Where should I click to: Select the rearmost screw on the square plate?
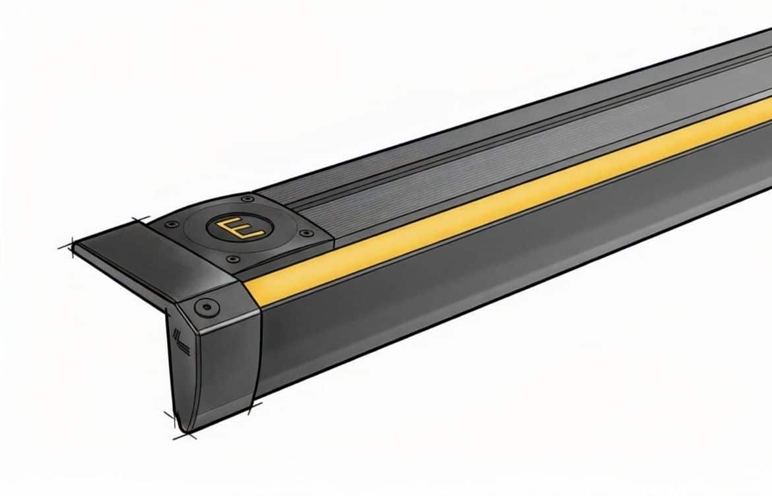[246, 198]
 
